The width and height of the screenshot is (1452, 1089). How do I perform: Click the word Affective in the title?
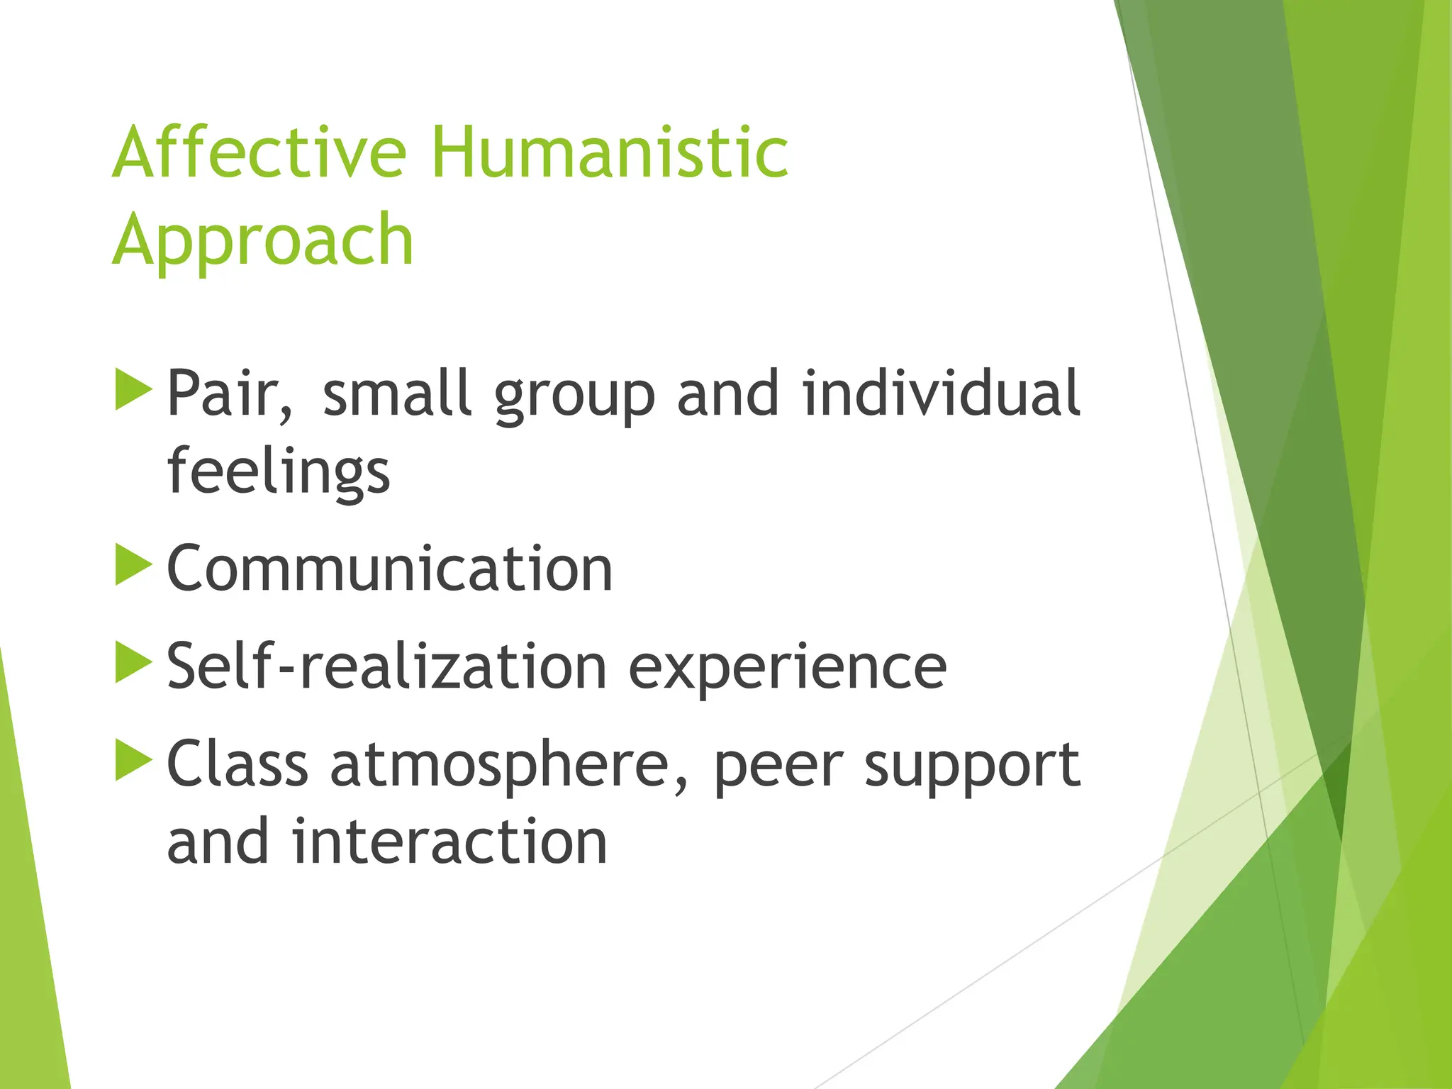pos(259,152)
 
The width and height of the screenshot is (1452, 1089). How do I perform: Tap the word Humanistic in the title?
pos(609,152)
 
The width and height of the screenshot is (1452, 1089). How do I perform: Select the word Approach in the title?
pos(263,241)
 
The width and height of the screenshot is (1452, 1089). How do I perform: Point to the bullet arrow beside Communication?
pos(133,564)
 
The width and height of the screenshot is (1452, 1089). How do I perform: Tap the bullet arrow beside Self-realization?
pos(133,662)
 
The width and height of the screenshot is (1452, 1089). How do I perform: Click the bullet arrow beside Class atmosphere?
pos(133,760)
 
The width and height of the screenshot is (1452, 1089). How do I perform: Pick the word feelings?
pos(279,471)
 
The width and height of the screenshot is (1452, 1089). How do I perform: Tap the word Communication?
pos(389,569)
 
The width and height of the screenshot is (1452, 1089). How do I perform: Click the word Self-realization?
pos(386,666)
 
